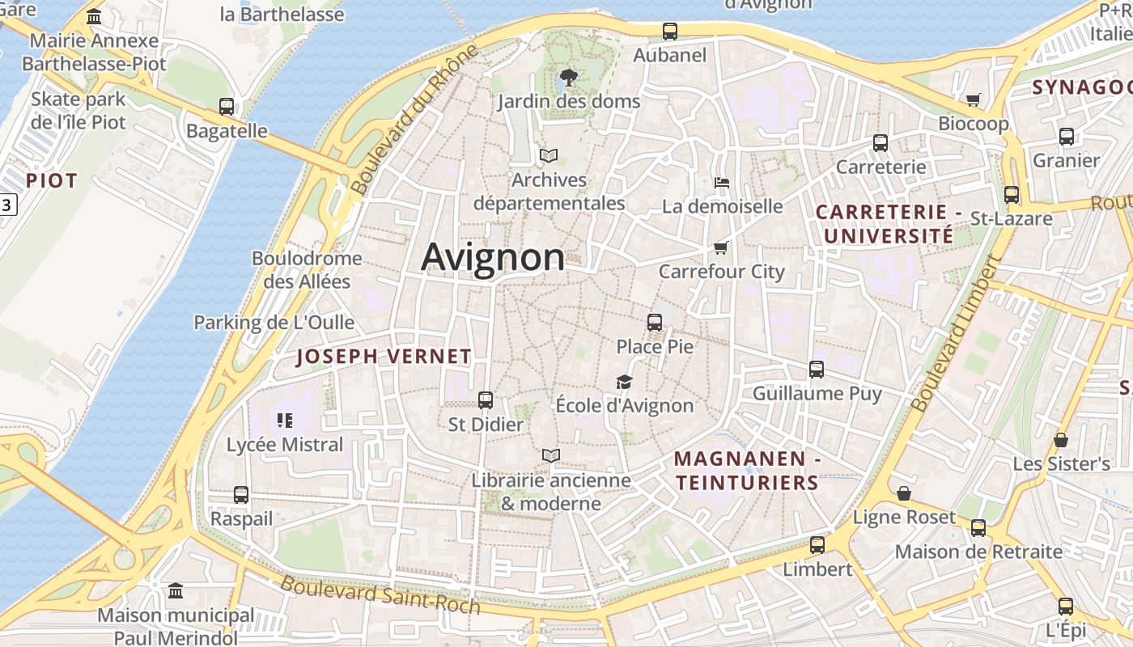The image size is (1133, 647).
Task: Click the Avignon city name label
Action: click(x=493, y=257)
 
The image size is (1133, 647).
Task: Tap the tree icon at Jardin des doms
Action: click(x=569, y=78)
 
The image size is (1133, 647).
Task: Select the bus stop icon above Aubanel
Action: click(x=670, y=32)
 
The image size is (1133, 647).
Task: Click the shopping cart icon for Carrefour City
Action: click(x=720, y=247)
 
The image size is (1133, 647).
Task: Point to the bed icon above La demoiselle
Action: click(x=722, y=182)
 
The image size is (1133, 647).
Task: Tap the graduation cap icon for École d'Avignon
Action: click(x=624, y=382)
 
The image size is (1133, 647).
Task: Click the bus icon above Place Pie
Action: click(x=655, y=323)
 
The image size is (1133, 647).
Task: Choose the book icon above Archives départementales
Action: click(x=549, y=155)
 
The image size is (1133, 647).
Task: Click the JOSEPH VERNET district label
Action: click(x=384, y=357)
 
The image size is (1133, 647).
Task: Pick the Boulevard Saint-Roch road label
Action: click(x=380, y=595)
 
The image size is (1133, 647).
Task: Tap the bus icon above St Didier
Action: click(x=486, y=400)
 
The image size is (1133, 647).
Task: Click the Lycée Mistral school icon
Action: click(x=284, y=420)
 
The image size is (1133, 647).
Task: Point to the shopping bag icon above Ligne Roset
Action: click(x=904, y=493)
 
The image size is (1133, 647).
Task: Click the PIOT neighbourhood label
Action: click(x=52, y=180)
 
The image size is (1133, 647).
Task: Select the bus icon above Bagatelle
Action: click(x=227, y=107)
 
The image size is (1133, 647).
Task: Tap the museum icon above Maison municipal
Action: click(x=176, y=591)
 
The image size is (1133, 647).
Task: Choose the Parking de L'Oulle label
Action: click(x=274, y=323)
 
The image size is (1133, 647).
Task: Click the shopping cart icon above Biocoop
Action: click(x=973, y=99)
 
